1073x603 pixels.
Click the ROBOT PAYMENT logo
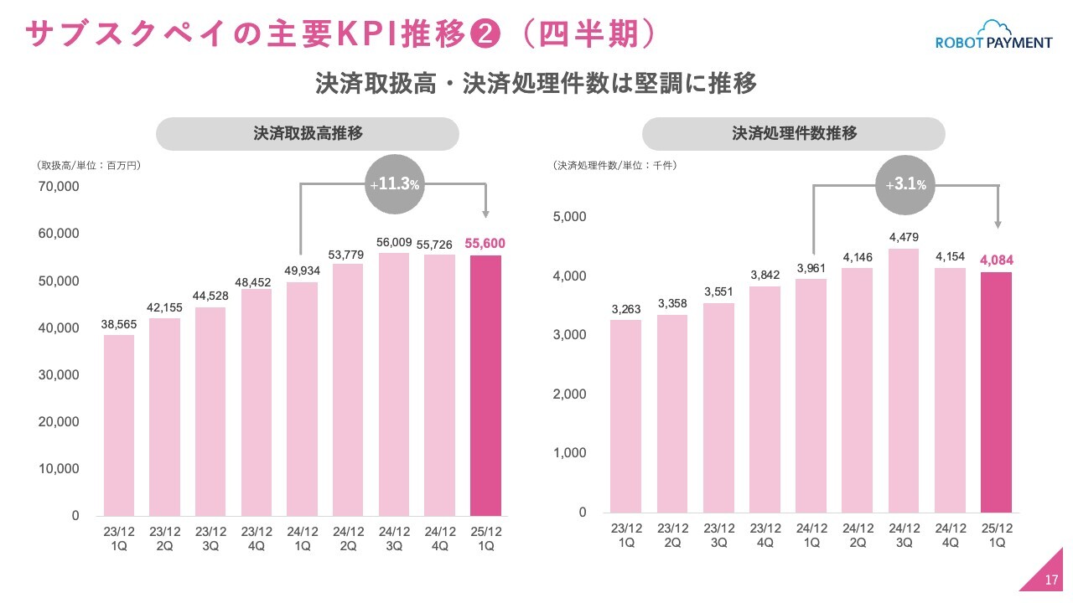pos(993,38)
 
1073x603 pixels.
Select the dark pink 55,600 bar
pos(485,385)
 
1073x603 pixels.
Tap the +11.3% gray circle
pos(393,184)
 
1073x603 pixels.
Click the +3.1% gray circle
pos(905,184)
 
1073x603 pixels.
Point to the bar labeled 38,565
pos(119,425)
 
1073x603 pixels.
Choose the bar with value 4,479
pos(904,380)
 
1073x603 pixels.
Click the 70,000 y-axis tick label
pos(59,186)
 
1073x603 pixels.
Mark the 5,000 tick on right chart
pos(569,217)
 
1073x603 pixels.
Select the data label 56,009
pos(393,243)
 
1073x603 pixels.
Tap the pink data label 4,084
pos(996,261)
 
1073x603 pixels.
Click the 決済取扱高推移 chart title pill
pos(308,134)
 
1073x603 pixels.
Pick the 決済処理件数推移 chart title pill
pos(793,134)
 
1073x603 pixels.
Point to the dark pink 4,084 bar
pos(996,392)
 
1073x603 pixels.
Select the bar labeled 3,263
pos(625,415)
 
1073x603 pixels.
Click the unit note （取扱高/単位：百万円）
pos(89,166)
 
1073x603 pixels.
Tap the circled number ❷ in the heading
pos(485,34)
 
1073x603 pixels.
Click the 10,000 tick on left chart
pos(59,469)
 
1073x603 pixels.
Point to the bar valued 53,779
pos(348,389)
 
